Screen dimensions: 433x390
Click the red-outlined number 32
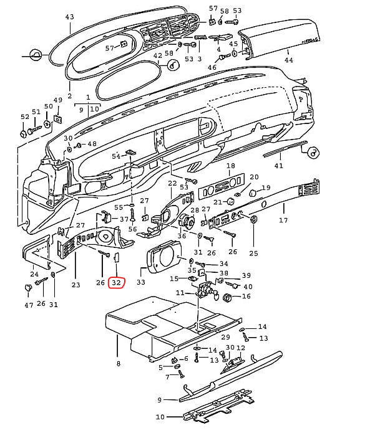pyautogui.click(x=116, y=282)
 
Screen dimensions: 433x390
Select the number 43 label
pyautogui.click(x=69, y=17)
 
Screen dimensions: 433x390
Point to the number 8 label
pyautogui.click(x=117, y=363)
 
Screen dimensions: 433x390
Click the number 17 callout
pyautogui.click(x=283, y=221)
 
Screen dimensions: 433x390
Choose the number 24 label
pyautogui.click(x=34, y=274)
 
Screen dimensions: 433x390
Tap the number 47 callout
pyautogui.click(x=29, y=305)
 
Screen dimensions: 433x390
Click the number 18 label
pyautogui.click(x=230, y=166)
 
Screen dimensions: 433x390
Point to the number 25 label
pyautogui.click(x=253, y=253)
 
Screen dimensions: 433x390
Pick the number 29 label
pyautogui.click(x=226, y=337)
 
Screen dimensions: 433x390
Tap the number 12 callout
pyautogui.click(x=241, y=348)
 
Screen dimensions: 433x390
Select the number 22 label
pyautogui.click(x=172, y=183)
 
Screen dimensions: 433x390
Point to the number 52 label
pyautogui.click(x=25, y=117)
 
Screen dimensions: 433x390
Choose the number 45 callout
pyautogui.click(x=233, y=44)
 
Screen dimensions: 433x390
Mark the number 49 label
pyautogui.click(x=57, y=101)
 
